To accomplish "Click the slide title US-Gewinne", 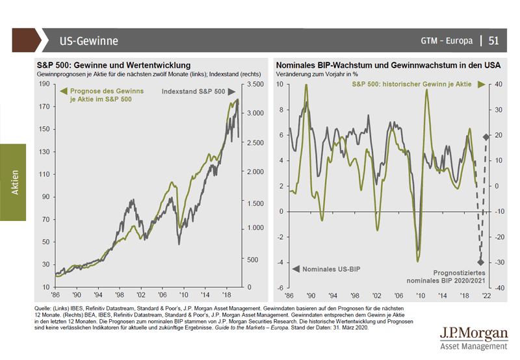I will click(88, 41).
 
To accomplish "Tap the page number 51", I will click(493, 41).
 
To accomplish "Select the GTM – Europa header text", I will click(447, 41).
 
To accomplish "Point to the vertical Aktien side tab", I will click(14, 182).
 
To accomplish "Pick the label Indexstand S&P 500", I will click(193, 92).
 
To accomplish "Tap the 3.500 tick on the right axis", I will click(255, 84).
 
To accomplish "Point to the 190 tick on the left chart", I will click(45, 84).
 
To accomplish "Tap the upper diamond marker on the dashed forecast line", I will click(486, 136).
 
